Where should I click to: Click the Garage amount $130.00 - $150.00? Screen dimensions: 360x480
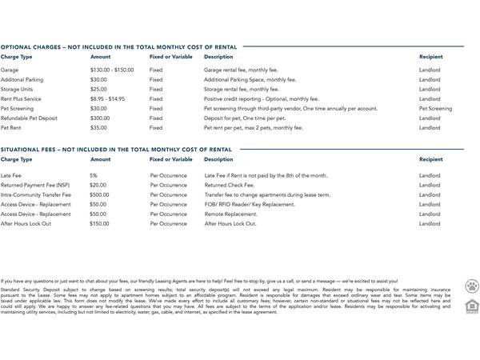[x=112, y=70]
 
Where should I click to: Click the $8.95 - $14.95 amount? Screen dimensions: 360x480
[x=108, y=98]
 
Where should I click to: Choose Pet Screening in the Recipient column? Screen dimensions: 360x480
[x=435, y=108]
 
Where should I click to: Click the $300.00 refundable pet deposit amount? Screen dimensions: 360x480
[x=100, y=118]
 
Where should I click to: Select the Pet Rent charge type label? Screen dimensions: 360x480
[x=11, y=127]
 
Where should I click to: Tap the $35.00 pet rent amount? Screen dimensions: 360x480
[x=98, y=127]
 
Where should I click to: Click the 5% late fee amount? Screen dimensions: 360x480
[x=94, y=175]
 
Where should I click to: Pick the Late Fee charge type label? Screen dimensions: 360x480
[x=11, y=175]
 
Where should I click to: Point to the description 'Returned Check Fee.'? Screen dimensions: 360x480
[x=228, y=185]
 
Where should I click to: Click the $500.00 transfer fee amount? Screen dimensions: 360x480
[x=100, y=194]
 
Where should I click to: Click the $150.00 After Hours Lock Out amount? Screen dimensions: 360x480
[x=100, y=223]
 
